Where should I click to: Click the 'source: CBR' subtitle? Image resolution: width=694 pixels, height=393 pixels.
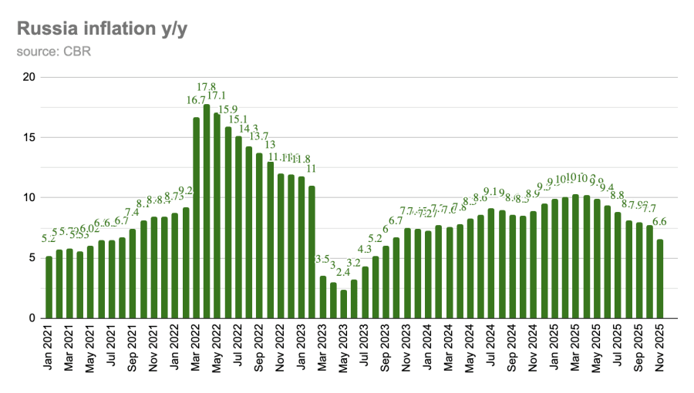(x=47, y=52)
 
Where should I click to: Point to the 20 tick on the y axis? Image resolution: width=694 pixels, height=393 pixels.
(x=29, y=77)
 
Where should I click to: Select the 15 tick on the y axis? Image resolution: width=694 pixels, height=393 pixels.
(x=29, y=137)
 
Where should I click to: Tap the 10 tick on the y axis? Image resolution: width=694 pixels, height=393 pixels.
(x=29, y=197)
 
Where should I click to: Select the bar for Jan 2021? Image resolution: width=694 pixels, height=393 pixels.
(x=49, y=287)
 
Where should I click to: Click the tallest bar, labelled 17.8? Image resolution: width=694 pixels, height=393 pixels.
(x=207, y=211)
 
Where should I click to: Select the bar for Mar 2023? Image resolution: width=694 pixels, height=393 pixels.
(x=323, y=297)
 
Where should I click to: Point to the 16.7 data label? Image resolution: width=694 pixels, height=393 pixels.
(x=196, y=100)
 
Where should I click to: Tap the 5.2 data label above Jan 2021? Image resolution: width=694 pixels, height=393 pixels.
(x=49, y=239)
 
